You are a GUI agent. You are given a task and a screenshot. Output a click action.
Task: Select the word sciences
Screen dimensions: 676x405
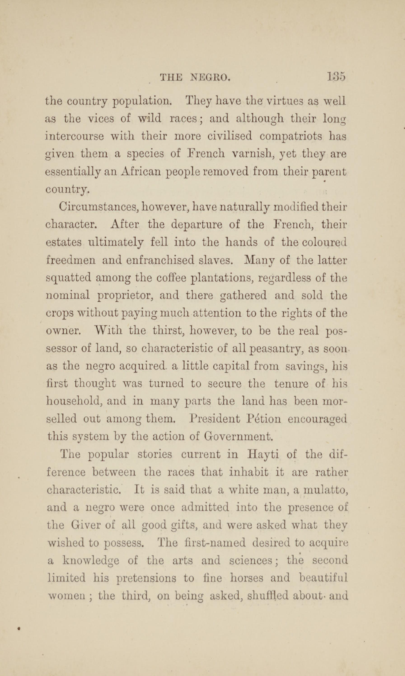pos(250,560)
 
